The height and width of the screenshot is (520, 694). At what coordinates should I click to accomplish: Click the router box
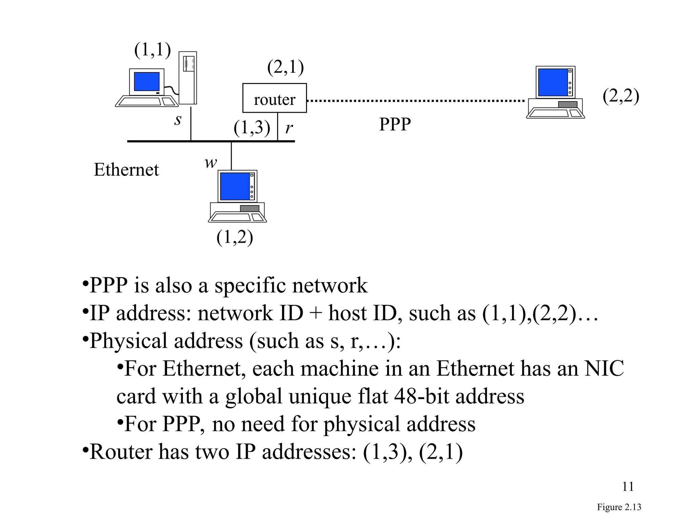(x=274, y=98)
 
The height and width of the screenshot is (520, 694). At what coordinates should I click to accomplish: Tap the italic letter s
(x=178, y=120)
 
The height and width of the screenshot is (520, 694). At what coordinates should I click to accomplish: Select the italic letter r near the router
(x=289, y=128)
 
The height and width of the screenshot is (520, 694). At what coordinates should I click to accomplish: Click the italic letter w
(x=210, y=162)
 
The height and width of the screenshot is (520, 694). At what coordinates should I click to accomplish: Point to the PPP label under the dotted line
(x=395, y=124)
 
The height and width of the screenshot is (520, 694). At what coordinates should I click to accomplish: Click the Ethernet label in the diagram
(x=126, y=170)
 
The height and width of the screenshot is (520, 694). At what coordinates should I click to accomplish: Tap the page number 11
(x=628, y=486)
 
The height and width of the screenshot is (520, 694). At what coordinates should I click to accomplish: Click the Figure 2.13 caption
(x=619, y=507)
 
